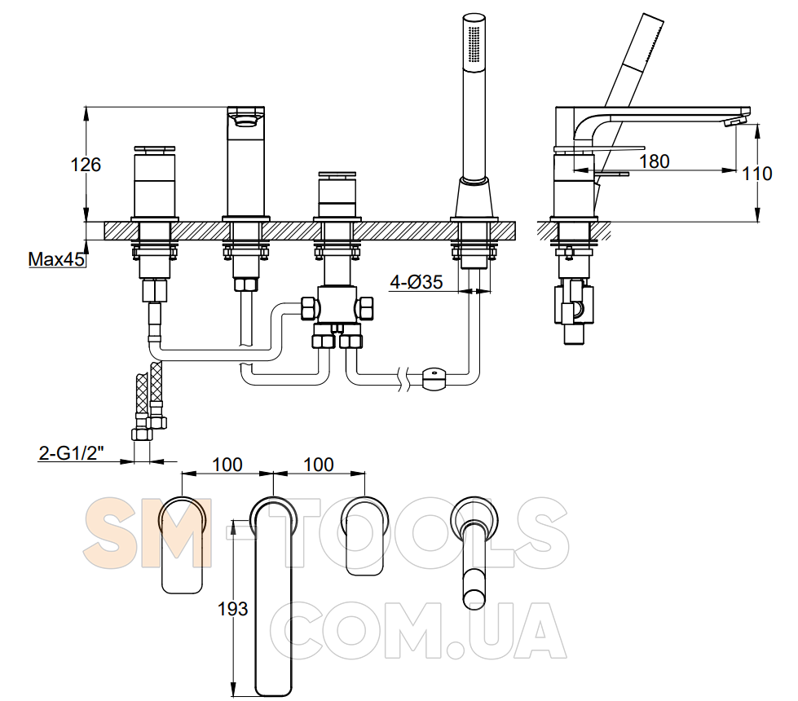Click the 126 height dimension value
coord(86,165)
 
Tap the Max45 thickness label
coord(56,259)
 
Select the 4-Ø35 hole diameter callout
coord(417,282)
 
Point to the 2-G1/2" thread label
coord(71,452)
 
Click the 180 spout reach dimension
coord(654,161)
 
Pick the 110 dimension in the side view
coord(756,174)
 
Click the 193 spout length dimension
coord(232,608)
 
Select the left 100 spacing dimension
coord(227,465)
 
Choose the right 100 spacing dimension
coord(319,465)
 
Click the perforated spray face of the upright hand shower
coord(474,43)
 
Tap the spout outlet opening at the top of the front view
coord(246,121)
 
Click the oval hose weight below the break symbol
coord(434,379)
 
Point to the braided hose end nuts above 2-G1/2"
coord(148,426)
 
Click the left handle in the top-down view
coord(183,544)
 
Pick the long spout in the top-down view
coord(273,596)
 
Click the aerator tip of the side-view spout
coord(734,121)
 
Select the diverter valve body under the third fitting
coord(336,304)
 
